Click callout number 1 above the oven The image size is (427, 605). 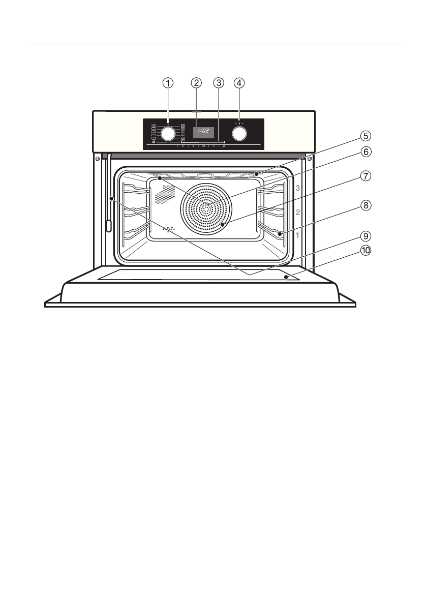pos(168,82)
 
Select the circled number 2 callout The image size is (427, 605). pos(196,82)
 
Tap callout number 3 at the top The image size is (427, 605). pos(219,82)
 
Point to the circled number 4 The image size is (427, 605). pos(239,82)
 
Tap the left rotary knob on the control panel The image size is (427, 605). pos(168,133)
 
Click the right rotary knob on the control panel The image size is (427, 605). pos(239,133)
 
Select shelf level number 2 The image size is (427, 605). pos(298,212)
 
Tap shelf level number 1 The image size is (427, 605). pos(298,235)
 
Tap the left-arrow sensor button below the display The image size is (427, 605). pos(193,146)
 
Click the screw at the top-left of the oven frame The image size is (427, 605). pos(97,158)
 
